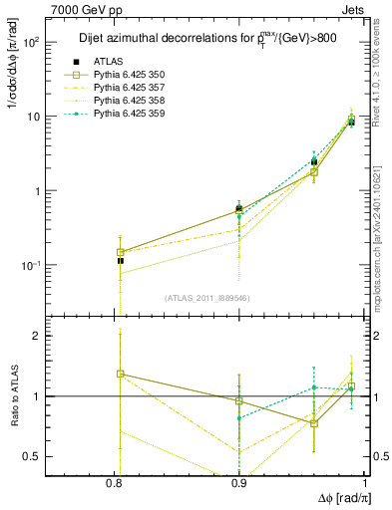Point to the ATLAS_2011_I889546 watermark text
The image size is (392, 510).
click(x=208, y=298)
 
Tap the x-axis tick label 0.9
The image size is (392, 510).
click(x=239, y=484)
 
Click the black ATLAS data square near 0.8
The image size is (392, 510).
click(x=121, y=261)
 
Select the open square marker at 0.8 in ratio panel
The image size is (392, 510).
click(x=121, y=374)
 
